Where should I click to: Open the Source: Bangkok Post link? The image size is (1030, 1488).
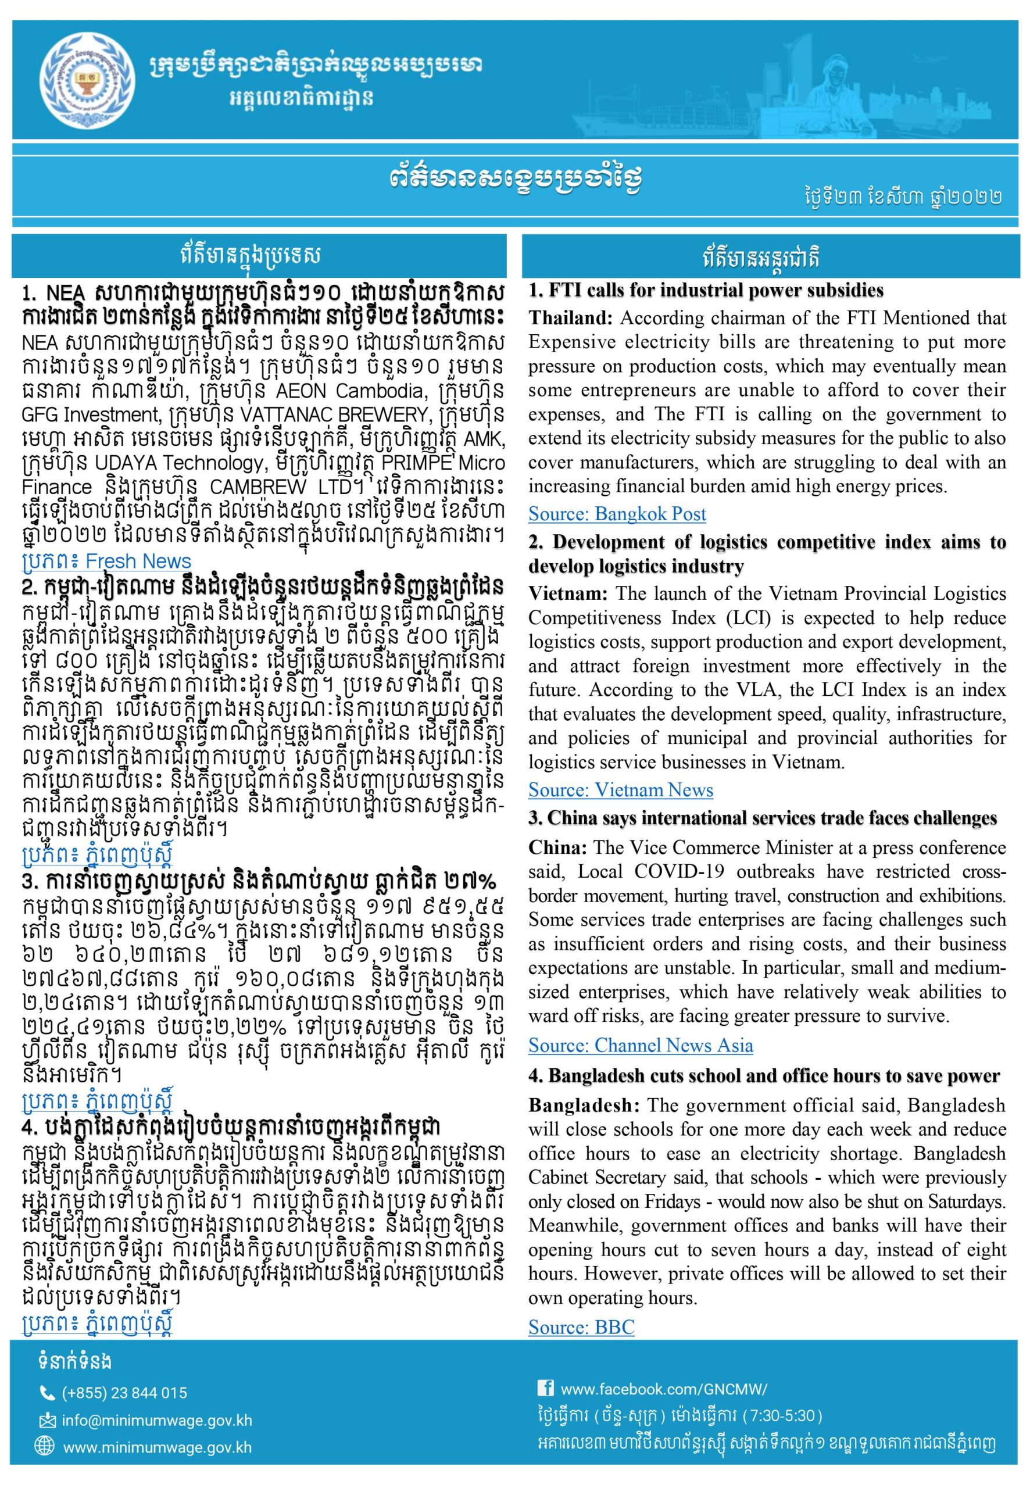coord(617,514)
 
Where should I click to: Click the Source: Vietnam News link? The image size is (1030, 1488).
coord(620,790)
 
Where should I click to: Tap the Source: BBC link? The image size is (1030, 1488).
coord(581,1328)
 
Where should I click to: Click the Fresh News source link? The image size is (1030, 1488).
coord(106,561)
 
